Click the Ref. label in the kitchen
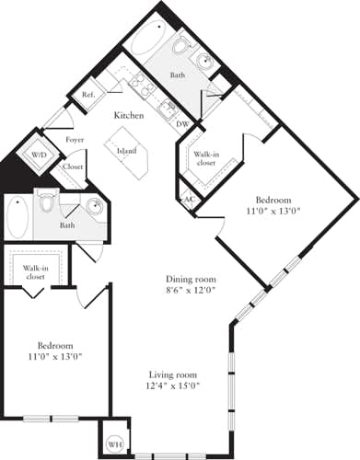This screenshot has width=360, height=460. pos(89,96)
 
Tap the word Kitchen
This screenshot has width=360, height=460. pos(128,116)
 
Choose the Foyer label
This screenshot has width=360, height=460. pos(75,141)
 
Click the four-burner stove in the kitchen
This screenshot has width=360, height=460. pos(144,86)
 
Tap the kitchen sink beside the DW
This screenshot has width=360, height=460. pos(167,110)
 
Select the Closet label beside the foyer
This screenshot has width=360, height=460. pos(73,168)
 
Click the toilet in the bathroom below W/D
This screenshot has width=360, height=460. pos(52,201)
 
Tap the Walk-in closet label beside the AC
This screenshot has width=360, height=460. pos(205,158)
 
